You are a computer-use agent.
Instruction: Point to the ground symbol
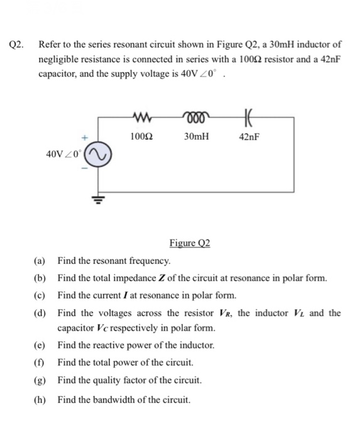tap(97, 200)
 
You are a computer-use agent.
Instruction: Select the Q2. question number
tap(17, 45)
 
